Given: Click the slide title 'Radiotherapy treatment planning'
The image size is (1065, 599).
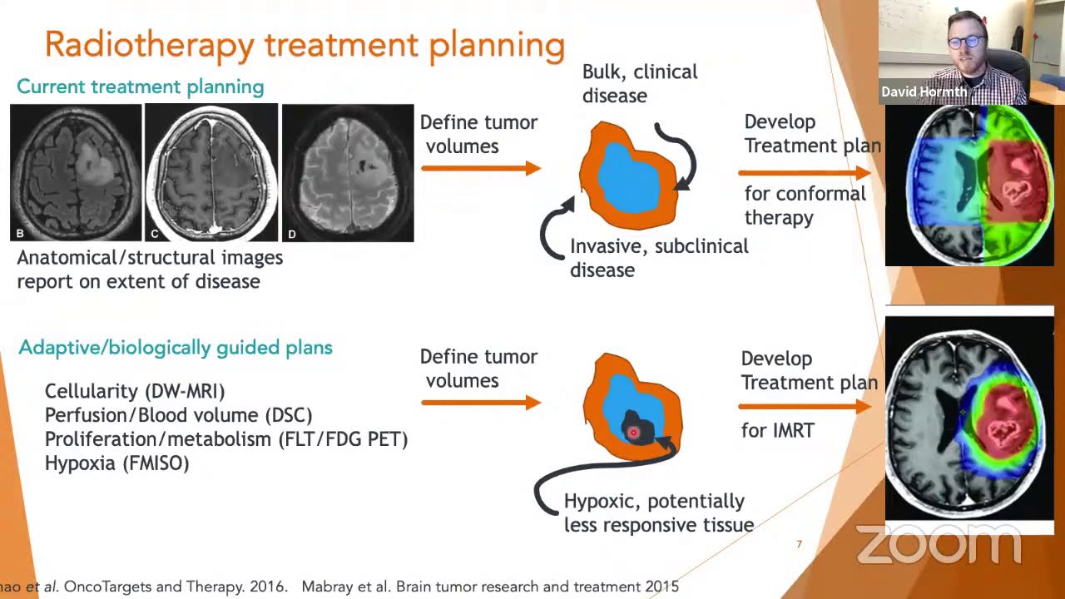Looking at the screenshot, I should (305, 44).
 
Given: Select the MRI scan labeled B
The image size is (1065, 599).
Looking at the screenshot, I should (76, 172).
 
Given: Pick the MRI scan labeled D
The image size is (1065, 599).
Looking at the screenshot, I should (348, 172).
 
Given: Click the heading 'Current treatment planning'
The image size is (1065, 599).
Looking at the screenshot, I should (140, 87).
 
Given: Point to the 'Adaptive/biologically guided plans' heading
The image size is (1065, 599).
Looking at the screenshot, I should (176, 348).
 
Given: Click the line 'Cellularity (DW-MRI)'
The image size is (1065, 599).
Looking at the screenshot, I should (135, 391).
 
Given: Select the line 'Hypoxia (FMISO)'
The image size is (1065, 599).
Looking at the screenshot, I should (117, 463).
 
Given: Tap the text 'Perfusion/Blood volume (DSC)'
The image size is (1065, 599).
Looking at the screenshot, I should (178, 415).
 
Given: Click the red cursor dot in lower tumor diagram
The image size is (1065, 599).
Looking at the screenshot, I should (633, 433).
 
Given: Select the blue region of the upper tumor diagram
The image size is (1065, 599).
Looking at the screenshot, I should (630, 177).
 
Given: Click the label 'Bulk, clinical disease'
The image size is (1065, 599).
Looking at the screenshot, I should (639, 83).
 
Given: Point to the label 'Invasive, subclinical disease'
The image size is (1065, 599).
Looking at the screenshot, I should (658, 258).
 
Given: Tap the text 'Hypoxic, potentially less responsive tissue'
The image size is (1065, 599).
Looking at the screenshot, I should (658, 512).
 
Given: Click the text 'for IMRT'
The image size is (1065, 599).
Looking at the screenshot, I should (777, 430).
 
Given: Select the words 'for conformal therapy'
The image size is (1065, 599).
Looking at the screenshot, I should (804, 205).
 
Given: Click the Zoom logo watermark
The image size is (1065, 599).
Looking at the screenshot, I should (938, 545).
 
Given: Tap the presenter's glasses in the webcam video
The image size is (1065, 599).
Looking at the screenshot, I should (966, 41).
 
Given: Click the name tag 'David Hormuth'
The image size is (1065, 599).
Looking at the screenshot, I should (924, 92).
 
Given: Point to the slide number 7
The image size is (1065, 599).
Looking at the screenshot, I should (799, 544).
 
